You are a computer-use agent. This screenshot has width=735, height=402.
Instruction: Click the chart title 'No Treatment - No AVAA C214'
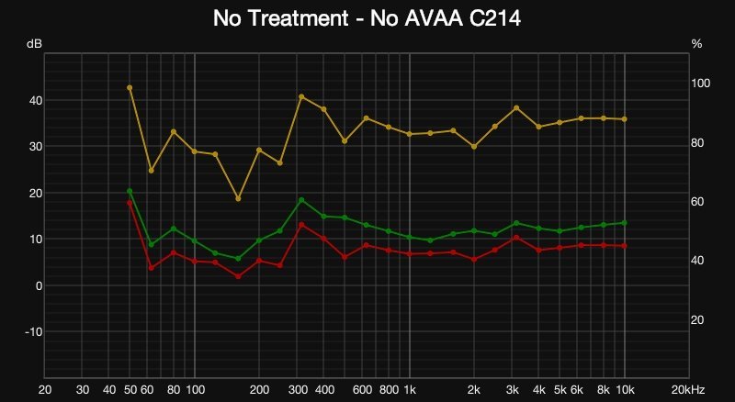[367, 17]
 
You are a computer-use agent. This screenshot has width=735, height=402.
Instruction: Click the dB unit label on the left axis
[34, 43]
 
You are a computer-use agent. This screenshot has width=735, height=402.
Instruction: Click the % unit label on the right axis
[695, 43]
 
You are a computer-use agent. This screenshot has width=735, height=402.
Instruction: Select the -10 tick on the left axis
[32, 332]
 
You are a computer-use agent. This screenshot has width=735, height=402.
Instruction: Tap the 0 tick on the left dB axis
[38, 285]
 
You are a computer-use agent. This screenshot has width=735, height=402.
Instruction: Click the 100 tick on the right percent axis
[700, 83]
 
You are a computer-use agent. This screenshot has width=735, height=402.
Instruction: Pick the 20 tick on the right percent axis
[697, 319]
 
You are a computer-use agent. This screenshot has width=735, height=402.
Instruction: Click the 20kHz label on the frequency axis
[689, 389]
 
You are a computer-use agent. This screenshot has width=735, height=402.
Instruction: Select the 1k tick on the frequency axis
[410, 389]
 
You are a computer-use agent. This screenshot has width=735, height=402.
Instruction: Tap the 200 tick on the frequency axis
[260, 389]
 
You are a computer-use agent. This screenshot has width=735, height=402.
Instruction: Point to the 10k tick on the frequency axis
[625, 389]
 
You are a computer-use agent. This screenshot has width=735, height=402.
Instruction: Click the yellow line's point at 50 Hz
[130, 87]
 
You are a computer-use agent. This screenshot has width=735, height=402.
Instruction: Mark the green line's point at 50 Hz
[130, 191]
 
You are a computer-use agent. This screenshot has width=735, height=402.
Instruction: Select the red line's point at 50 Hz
[130, 203]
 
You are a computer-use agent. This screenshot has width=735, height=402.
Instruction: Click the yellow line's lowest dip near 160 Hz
[238, 198]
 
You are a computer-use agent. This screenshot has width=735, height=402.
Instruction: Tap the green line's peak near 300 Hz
[300, 200]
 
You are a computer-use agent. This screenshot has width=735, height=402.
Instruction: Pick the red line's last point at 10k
[625, 246]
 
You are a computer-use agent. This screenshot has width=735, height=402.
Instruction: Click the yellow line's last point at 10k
[625, 119]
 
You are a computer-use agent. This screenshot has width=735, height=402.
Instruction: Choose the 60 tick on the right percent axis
[697, 201]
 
